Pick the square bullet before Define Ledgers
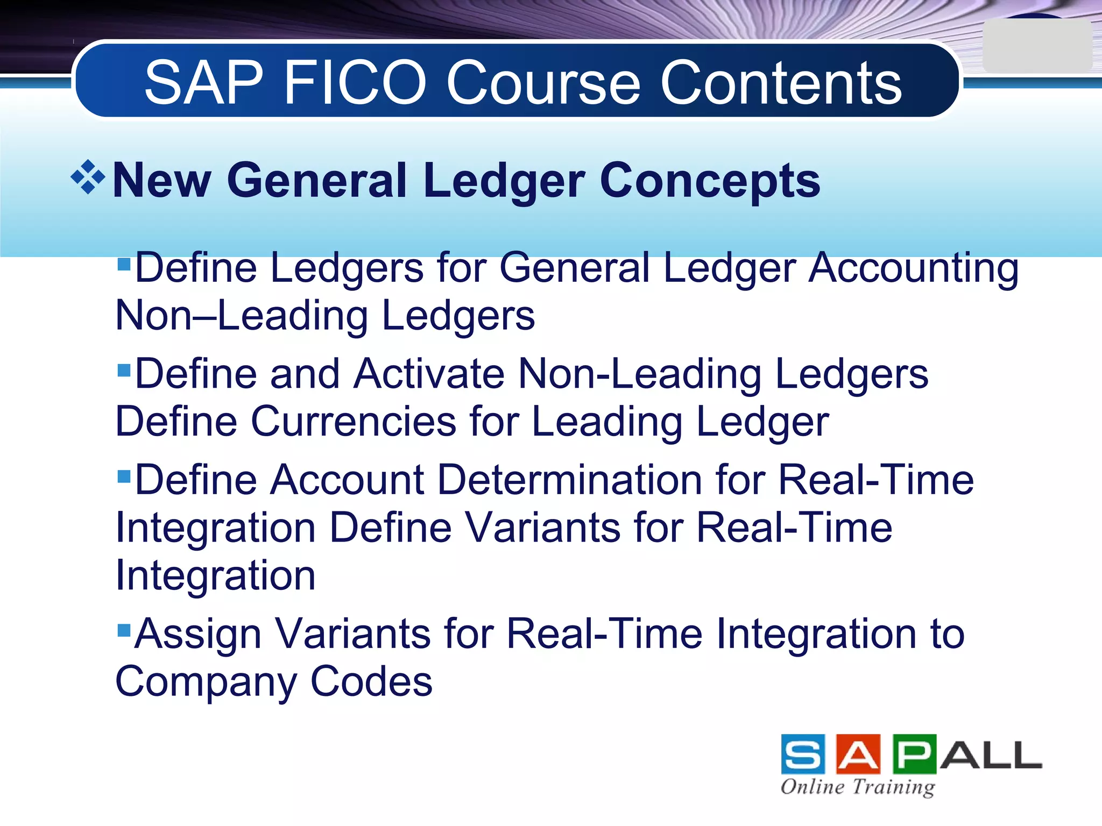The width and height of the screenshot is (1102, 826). (124, 264)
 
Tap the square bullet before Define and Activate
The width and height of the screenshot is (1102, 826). (124, 370)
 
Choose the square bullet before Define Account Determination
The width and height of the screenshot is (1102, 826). (124, 476)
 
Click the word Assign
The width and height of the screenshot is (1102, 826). (197, 635)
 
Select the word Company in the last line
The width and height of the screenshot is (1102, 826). (206, 682)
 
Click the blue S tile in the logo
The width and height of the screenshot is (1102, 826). (803, 754)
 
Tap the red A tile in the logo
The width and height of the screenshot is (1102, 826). (858, 754)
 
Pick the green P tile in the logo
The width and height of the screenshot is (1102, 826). (914, 754)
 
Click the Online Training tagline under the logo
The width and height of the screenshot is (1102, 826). (858, 787)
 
